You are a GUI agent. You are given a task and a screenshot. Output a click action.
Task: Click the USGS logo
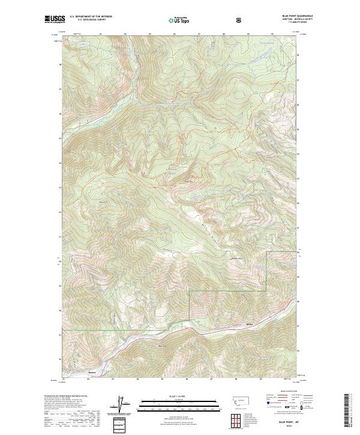click(x=55, y=19)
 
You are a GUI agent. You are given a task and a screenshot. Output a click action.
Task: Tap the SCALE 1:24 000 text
click(x=170, y=397)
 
